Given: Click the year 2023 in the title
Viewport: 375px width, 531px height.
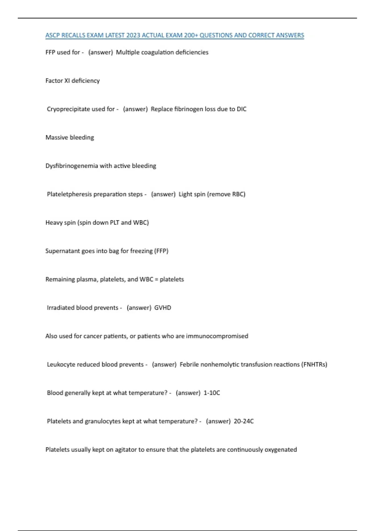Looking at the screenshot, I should (133, 35).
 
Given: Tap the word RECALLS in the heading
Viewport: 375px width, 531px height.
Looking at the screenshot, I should (73, 35).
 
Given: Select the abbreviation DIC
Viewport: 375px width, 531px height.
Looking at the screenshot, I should (242, 109).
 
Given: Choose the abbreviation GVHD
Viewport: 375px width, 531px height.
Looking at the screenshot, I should (163, 308).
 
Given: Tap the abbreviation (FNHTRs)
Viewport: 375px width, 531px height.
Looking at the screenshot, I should (314, 365).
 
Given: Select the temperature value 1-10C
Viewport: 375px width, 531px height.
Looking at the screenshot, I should (212, 393).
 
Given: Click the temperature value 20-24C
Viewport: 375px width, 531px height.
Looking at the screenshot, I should (244, 421).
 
